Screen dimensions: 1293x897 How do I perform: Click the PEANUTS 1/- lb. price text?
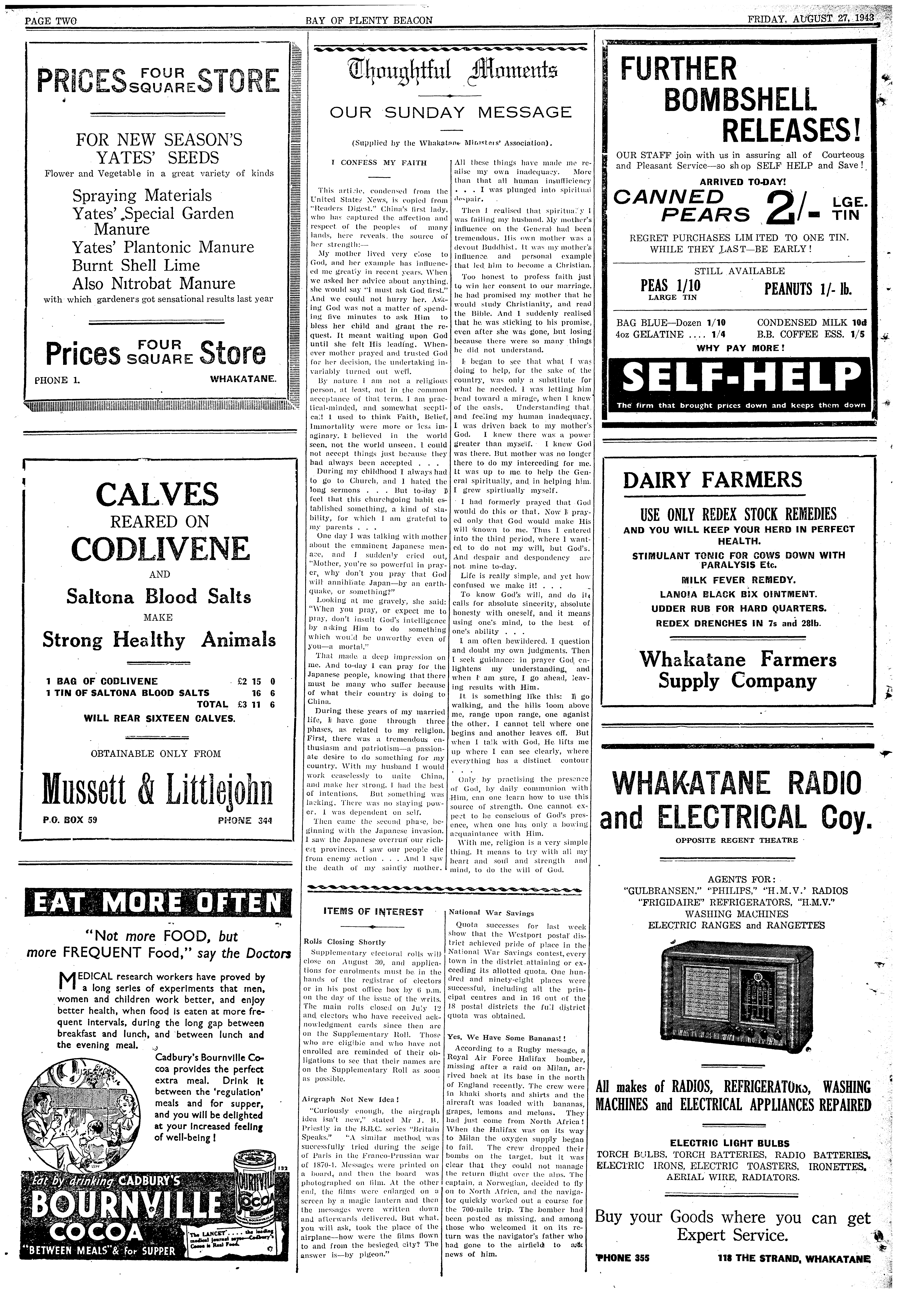808,289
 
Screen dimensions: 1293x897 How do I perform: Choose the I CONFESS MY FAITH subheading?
379,163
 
